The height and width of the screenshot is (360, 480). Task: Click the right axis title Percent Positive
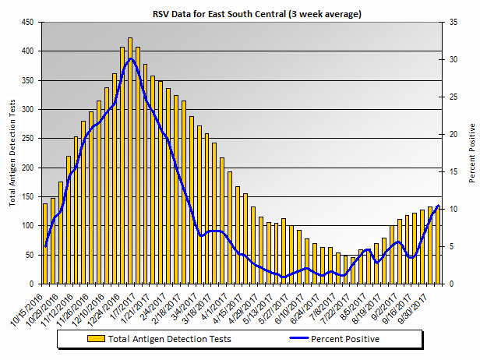[471, 153]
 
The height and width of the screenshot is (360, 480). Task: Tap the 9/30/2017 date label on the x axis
[418, 305]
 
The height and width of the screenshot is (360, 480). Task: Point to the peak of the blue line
[130, 58]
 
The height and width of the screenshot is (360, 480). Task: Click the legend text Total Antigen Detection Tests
[170, 339]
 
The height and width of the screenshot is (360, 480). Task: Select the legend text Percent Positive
[345, 339]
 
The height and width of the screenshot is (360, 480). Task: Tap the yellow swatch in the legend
[97, 339]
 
